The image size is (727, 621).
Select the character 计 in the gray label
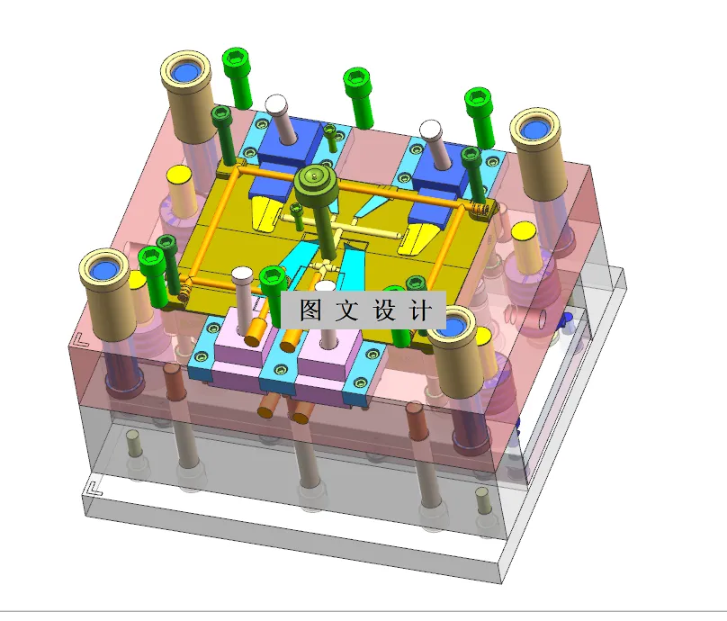419,311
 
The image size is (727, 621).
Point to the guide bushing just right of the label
458,328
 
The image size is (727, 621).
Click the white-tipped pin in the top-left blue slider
276,104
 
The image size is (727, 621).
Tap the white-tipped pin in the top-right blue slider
431,130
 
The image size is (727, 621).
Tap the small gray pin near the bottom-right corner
482,495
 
